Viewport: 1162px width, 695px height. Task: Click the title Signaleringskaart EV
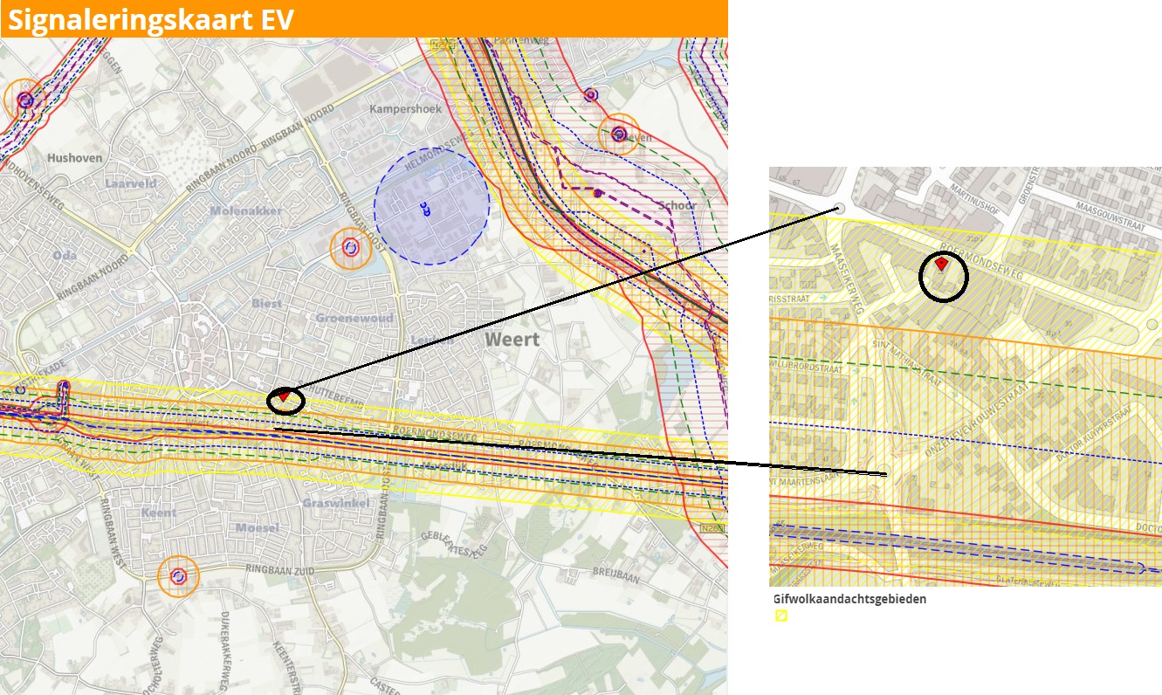[x=150, y=19]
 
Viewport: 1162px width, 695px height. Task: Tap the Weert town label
[x=512, y=339]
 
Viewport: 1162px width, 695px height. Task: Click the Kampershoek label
[x=405, y=109]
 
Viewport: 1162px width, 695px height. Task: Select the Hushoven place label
[x=75, y=159]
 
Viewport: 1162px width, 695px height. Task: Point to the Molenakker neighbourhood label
[x=245, y=211]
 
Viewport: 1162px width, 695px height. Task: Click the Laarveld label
[x=131, y=184]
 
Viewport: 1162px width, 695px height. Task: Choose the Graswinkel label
[x=330, y=504]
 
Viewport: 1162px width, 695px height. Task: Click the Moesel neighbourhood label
[x=258, y=528]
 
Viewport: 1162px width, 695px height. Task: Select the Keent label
[x=159, y=513]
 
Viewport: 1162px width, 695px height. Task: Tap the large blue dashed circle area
[x=431, y=207]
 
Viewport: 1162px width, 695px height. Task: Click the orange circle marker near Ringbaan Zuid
[x=178, y=576]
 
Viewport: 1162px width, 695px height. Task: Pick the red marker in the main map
[x=284, y=396]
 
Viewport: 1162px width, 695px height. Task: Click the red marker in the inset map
[x=941, y=264]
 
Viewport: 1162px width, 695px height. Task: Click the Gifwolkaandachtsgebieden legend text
[x=849, y=600]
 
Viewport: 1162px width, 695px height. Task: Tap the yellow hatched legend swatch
[x=781, y=616]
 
